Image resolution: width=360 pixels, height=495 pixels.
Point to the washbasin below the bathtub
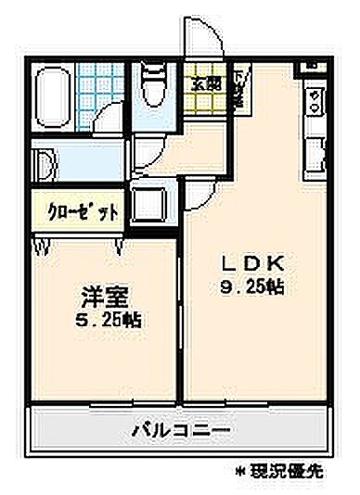(46, 163)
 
